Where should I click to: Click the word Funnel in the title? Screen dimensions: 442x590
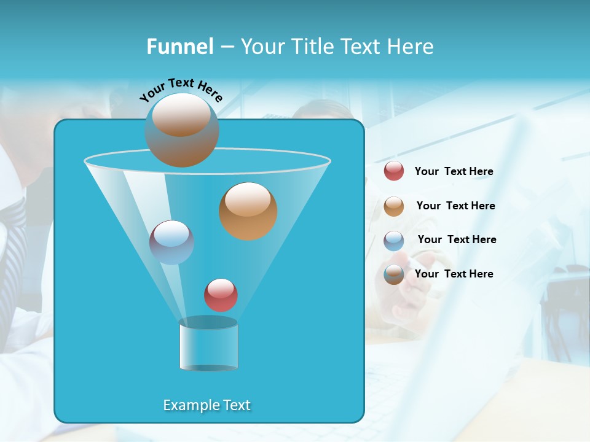179,47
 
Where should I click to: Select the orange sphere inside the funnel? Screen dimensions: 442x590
248,211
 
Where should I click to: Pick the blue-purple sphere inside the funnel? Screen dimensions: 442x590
171,242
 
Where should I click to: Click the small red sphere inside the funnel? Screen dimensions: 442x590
221,295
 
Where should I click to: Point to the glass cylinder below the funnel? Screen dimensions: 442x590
208,345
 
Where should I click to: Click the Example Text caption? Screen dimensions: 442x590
207,405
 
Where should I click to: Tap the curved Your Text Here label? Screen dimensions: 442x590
181,89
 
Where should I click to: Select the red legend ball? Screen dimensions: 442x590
394,171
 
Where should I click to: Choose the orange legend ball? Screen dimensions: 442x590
394,206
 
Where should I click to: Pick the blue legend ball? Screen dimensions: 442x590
394,241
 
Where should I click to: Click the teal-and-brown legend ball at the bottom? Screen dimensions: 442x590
394,274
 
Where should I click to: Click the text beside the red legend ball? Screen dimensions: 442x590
454,171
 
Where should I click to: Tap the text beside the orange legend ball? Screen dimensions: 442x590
455,206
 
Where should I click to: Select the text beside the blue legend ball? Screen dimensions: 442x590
457,239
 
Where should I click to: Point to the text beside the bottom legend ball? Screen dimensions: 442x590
454,274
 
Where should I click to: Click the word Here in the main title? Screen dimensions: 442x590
411,47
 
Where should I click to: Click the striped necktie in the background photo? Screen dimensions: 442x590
14,246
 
